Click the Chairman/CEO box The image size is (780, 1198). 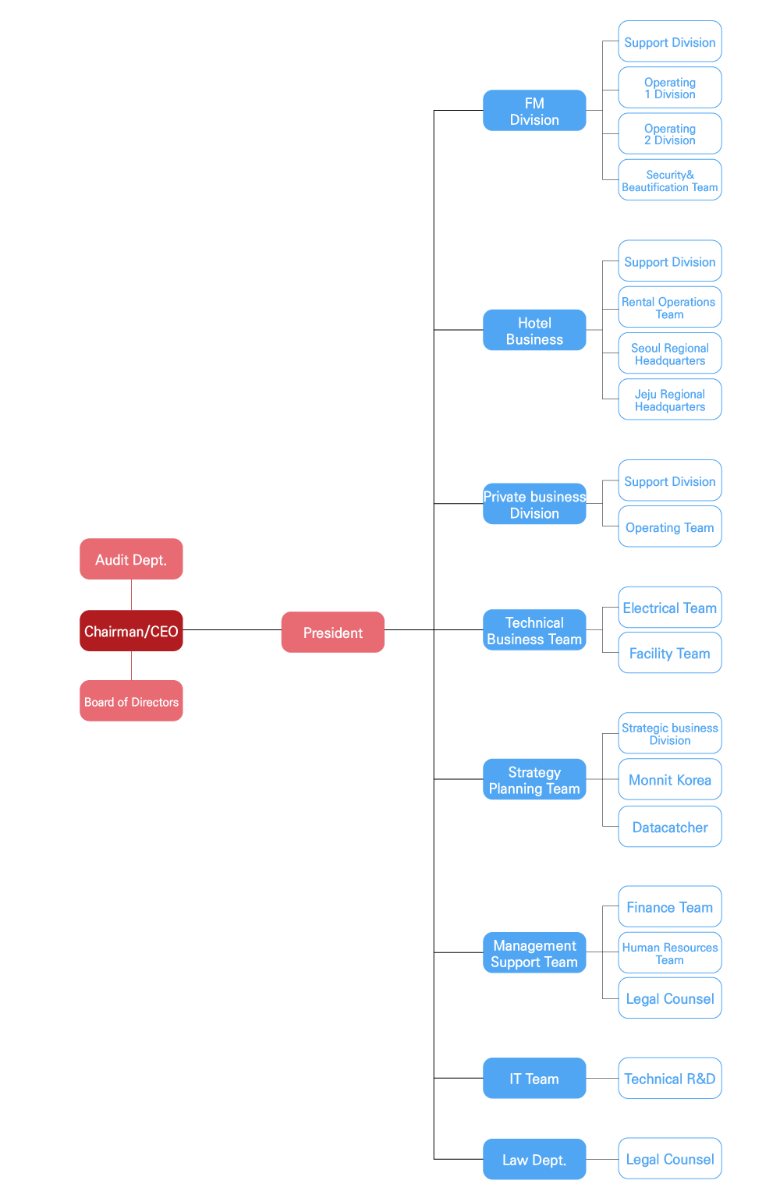point(131,630)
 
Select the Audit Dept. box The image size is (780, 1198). point(131,559)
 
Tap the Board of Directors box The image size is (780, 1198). point(131,700)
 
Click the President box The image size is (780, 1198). point(333,633)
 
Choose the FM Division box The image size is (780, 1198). point(534,110)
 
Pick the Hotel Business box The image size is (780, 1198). point(534,330)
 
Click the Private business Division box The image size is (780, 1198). point(534,504)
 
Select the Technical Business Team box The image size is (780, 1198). point(534,630)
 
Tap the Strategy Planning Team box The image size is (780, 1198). point(534,779)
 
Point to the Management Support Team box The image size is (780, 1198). point(534,952)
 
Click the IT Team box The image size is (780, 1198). point(534,1078)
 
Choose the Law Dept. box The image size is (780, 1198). point(534,1159)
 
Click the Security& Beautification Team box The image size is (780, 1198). point(670,179)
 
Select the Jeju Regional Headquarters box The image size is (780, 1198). point(670,399)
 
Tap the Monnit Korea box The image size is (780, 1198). point(670,779)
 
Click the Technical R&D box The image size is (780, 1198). point(670,1078)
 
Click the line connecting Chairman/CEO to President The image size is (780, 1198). point(232,630)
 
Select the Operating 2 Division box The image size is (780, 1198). point(670,133)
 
